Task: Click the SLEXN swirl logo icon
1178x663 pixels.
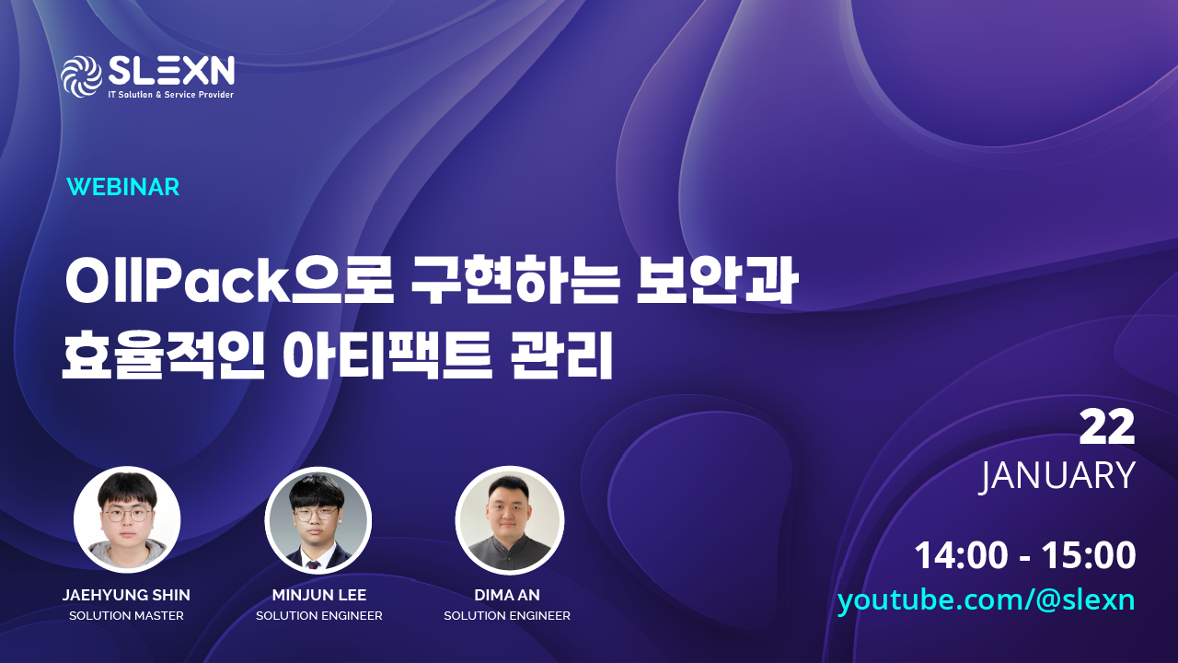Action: click(x=81, y=76)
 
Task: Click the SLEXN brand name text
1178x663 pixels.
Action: click(x=170, y=70)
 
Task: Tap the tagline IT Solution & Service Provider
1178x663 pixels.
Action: click(x=170, y=95)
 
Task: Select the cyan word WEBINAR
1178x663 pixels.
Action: click(x=123, y=187)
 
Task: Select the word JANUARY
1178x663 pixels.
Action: click(x=1057, y=475)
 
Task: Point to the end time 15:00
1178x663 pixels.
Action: click(x=1089, y=556)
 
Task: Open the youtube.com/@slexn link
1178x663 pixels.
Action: click(x=986, y=600)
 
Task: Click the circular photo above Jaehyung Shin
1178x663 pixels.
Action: click(x=127, y=520)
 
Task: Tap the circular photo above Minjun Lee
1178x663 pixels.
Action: click(x=318, y=520)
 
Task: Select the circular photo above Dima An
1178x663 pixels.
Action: click(x=510, y=520)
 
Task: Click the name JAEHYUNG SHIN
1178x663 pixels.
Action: click(x=126, y=595)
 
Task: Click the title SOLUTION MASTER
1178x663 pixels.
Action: click(x=126, y=616)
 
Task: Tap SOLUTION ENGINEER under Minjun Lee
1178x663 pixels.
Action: click(x=318, y=616)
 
